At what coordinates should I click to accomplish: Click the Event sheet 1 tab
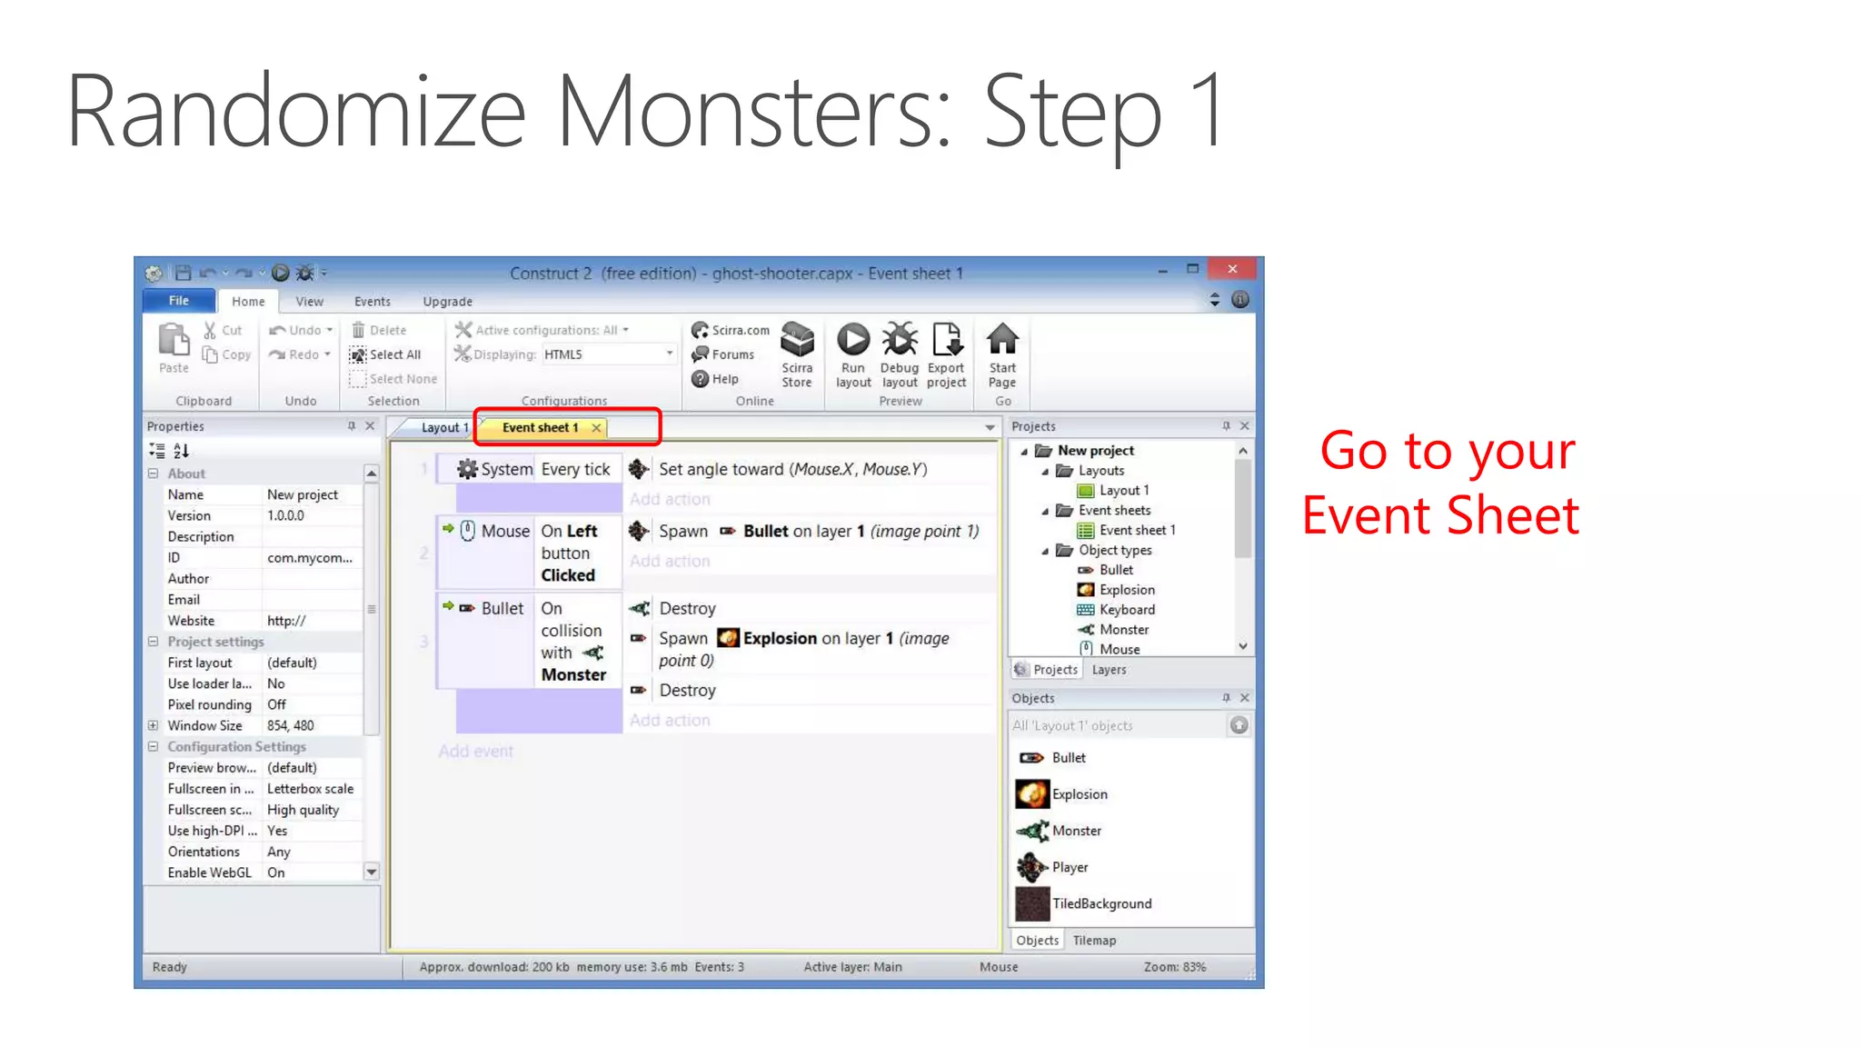(x=540, y=428)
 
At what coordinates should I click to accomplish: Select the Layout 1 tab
(x=443, y=428)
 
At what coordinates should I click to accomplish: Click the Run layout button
(x=852, y=354)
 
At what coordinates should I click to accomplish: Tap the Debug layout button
(x=900, y=354)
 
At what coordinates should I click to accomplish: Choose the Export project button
(x=946, y=354)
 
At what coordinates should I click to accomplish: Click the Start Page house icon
(x=1002, y=340)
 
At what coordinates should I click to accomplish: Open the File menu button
(x=179, y=301)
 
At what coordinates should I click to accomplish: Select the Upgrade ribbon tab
(x=447, y=302)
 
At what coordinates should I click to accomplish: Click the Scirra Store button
(x=797, y=354)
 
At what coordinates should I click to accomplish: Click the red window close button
(x=1232, y=269)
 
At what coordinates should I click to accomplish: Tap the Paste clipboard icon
(x=174, y=342)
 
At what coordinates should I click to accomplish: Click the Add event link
(x=475, y=752)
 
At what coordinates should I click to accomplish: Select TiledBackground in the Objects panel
(x=1101, y=903)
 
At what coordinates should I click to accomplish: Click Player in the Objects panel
(x=1070, y=867)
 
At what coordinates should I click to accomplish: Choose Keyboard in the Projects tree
(x=1127, y=610)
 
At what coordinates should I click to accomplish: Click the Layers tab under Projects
(x=1109, y=670)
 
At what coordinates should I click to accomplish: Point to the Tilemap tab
(x=1094, y=941)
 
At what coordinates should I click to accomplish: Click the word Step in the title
(x=1072, y=111)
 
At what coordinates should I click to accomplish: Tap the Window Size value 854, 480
(x=291, y=726)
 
